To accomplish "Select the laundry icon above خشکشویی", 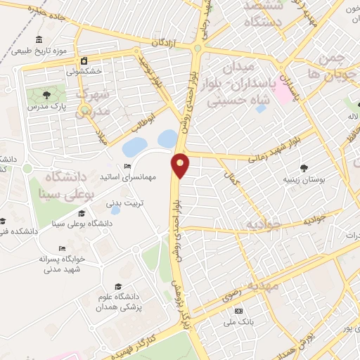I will click(x=84, y=60).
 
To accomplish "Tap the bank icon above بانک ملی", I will click(x=238, y=310).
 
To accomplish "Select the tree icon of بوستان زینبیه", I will click(x=304, y=168).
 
